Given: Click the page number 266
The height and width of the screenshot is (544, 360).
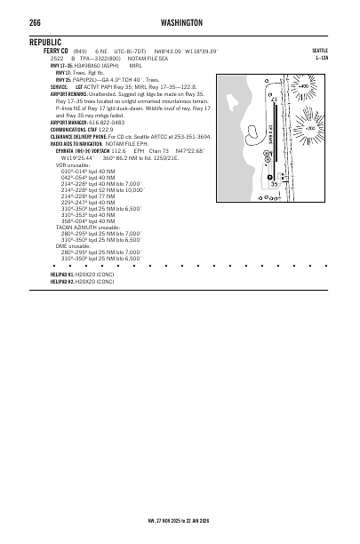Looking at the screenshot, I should pyautogui.click(x=36, y=21).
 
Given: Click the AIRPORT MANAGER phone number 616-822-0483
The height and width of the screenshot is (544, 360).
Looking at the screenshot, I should pyautogui.click(x=107, y=122).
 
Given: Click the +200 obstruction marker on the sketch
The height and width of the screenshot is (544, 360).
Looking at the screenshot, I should pyautogui.click(x=309, y=129).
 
